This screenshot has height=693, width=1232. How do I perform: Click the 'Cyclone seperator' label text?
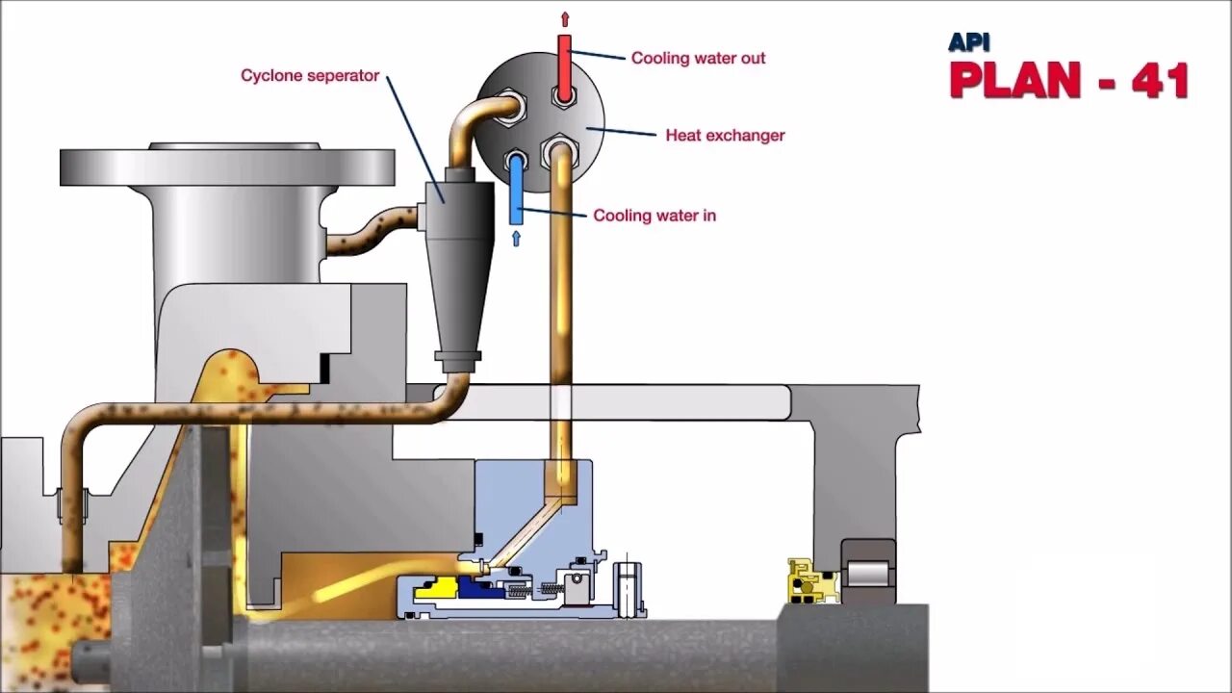point(310,76)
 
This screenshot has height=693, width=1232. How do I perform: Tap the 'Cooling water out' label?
point(698,58)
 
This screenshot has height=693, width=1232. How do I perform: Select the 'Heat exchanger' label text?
point(725,136)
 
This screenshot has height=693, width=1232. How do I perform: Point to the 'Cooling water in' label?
point(654,216)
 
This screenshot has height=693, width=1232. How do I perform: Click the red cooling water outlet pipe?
point(564,64)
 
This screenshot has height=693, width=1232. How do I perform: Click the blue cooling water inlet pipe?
point(516,188)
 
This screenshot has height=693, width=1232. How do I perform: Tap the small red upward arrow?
point(564,19)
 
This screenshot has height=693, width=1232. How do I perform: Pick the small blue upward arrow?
point(516,238)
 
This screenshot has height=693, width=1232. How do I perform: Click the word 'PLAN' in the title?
point(1020,81)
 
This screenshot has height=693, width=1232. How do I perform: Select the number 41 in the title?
point(1160,81)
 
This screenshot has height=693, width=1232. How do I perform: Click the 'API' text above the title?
point(968,42)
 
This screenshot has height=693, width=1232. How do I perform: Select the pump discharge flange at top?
point(227,167)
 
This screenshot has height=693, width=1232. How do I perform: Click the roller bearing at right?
point(868,574)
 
